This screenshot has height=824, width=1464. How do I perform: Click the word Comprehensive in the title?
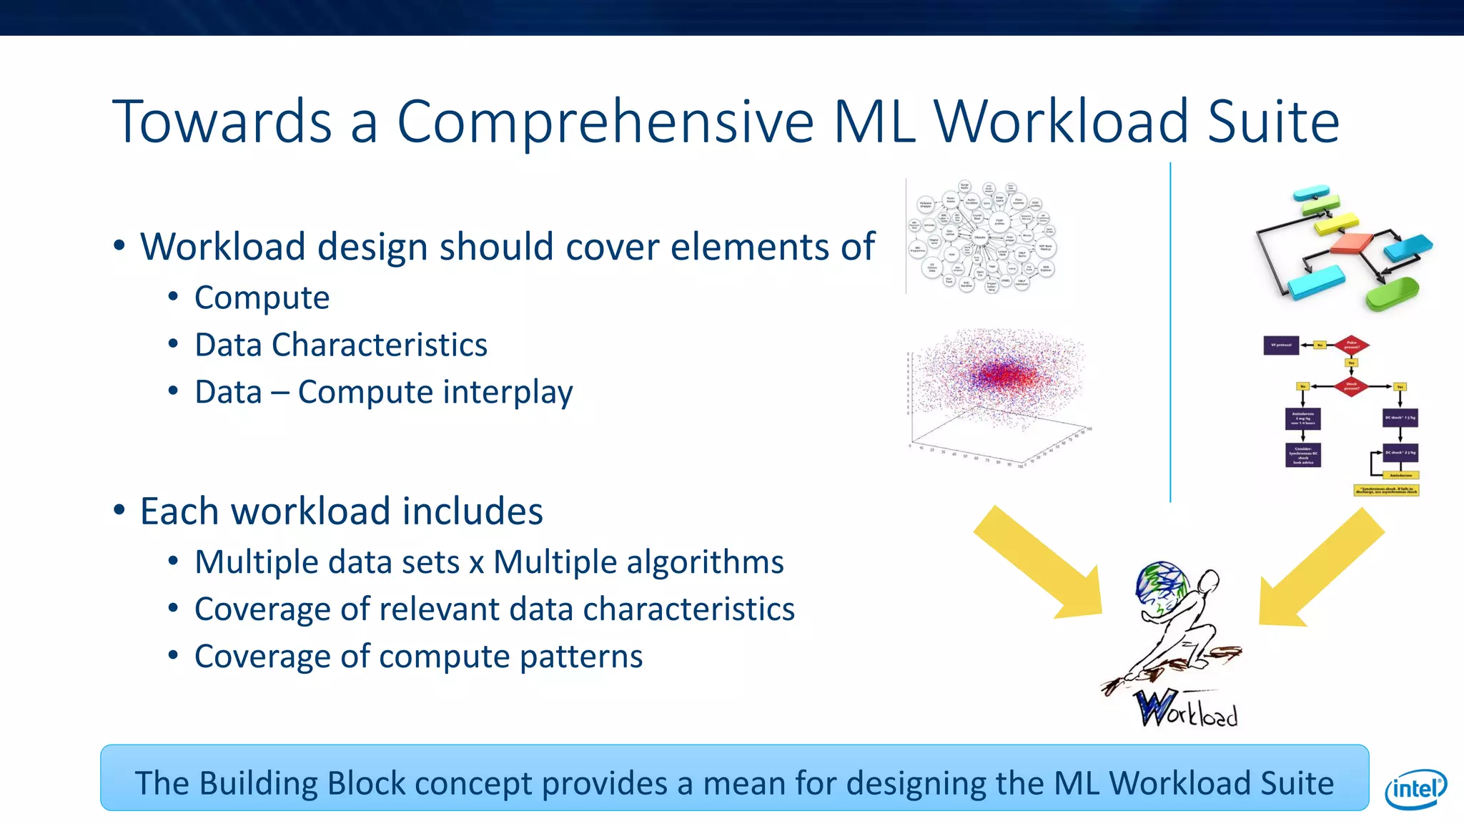[x=605, y=122]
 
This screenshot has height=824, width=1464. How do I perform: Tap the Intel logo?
[x=1415, y=788]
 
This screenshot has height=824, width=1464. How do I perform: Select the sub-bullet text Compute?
[x=262, y=298]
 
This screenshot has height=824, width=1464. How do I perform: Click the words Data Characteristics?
[x=341, y=345]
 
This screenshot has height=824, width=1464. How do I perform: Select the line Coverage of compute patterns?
[x=418, y=657]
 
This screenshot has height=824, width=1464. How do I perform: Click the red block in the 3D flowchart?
[x=1351, y=243]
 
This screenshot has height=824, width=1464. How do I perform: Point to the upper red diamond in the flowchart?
[x=1351, y=345]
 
